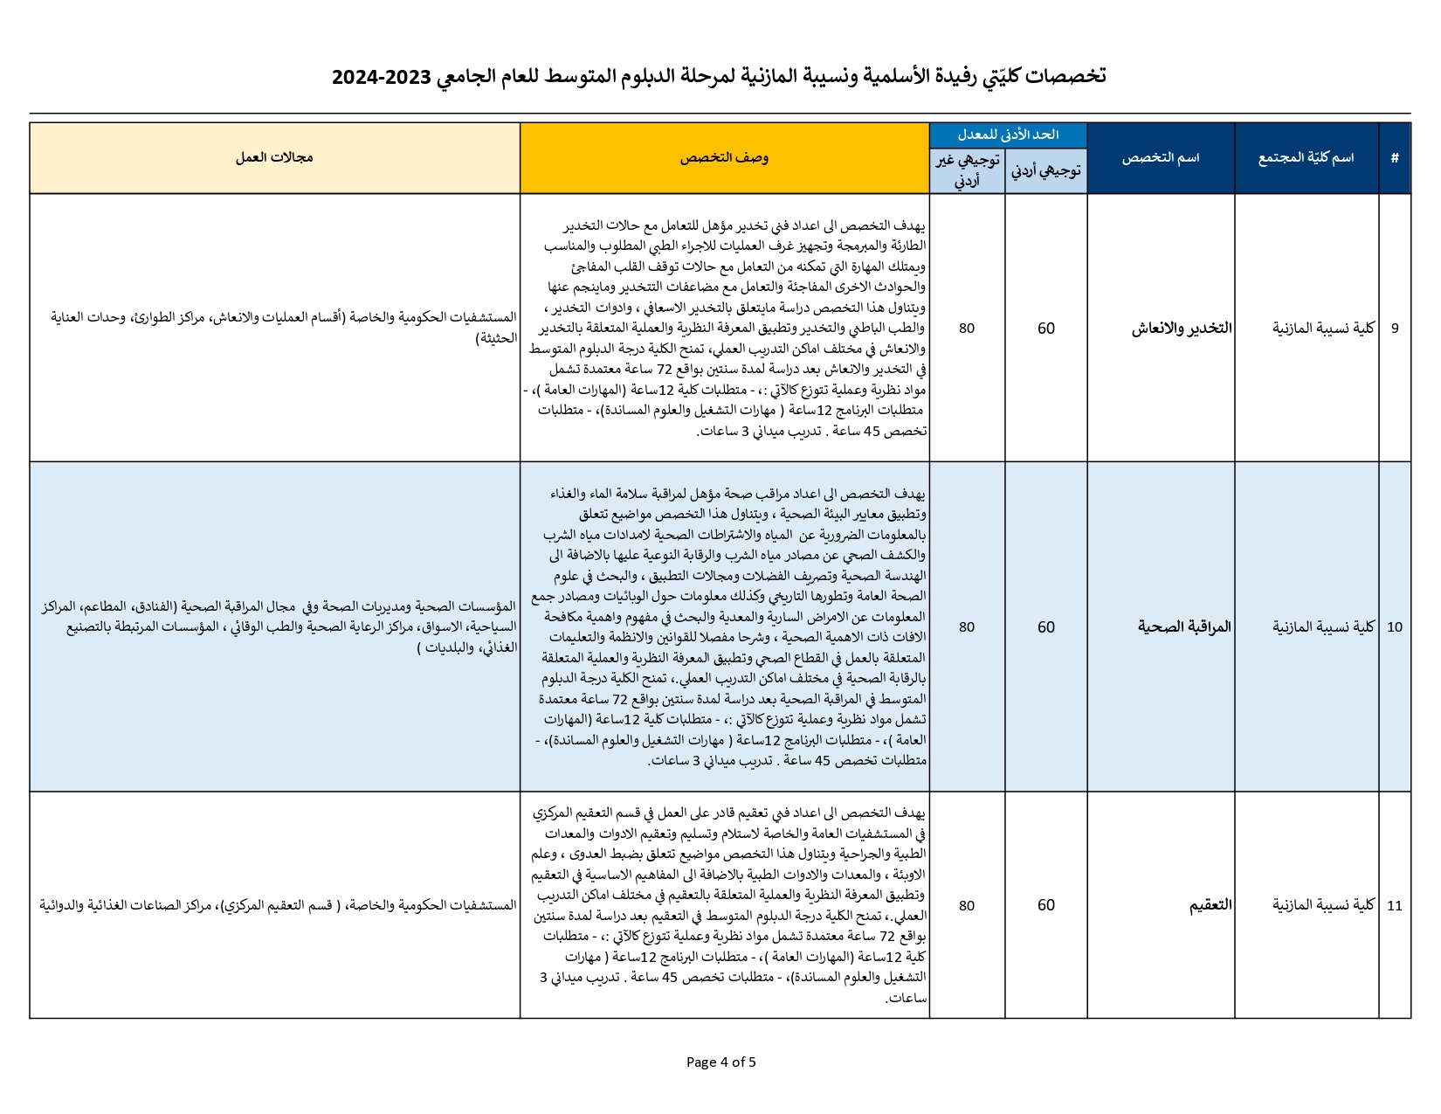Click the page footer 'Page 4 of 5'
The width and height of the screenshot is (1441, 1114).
[720, 1062]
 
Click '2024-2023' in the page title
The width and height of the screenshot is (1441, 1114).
[382, 77]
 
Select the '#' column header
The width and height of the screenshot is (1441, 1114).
[1395, 158]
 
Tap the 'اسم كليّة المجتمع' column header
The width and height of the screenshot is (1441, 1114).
[1306, 158]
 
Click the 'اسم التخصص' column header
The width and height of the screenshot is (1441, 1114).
[1160, 158]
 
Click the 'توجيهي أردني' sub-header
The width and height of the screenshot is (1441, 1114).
[1045, 171]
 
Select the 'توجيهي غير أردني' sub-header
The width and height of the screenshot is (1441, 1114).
[967, 171]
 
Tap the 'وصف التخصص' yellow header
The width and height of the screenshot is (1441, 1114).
[724, 158]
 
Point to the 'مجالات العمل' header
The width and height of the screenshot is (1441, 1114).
[274, 158]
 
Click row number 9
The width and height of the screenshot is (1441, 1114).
[1395, 329]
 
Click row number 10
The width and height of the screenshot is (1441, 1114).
[1395, 627]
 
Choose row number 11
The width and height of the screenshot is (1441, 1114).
[1395, 906]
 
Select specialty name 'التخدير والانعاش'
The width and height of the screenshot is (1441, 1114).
[1182, 329]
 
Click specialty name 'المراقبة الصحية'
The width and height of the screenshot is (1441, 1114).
[1184, 627]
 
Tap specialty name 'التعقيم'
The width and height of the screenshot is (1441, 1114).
[1210, 906]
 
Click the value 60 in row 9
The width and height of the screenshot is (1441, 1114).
[1046, 329]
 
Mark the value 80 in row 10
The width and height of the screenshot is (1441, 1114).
[967, 627]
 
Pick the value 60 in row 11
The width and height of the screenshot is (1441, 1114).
[1046, 906]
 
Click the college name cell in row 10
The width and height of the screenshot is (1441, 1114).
[1323, 627]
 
